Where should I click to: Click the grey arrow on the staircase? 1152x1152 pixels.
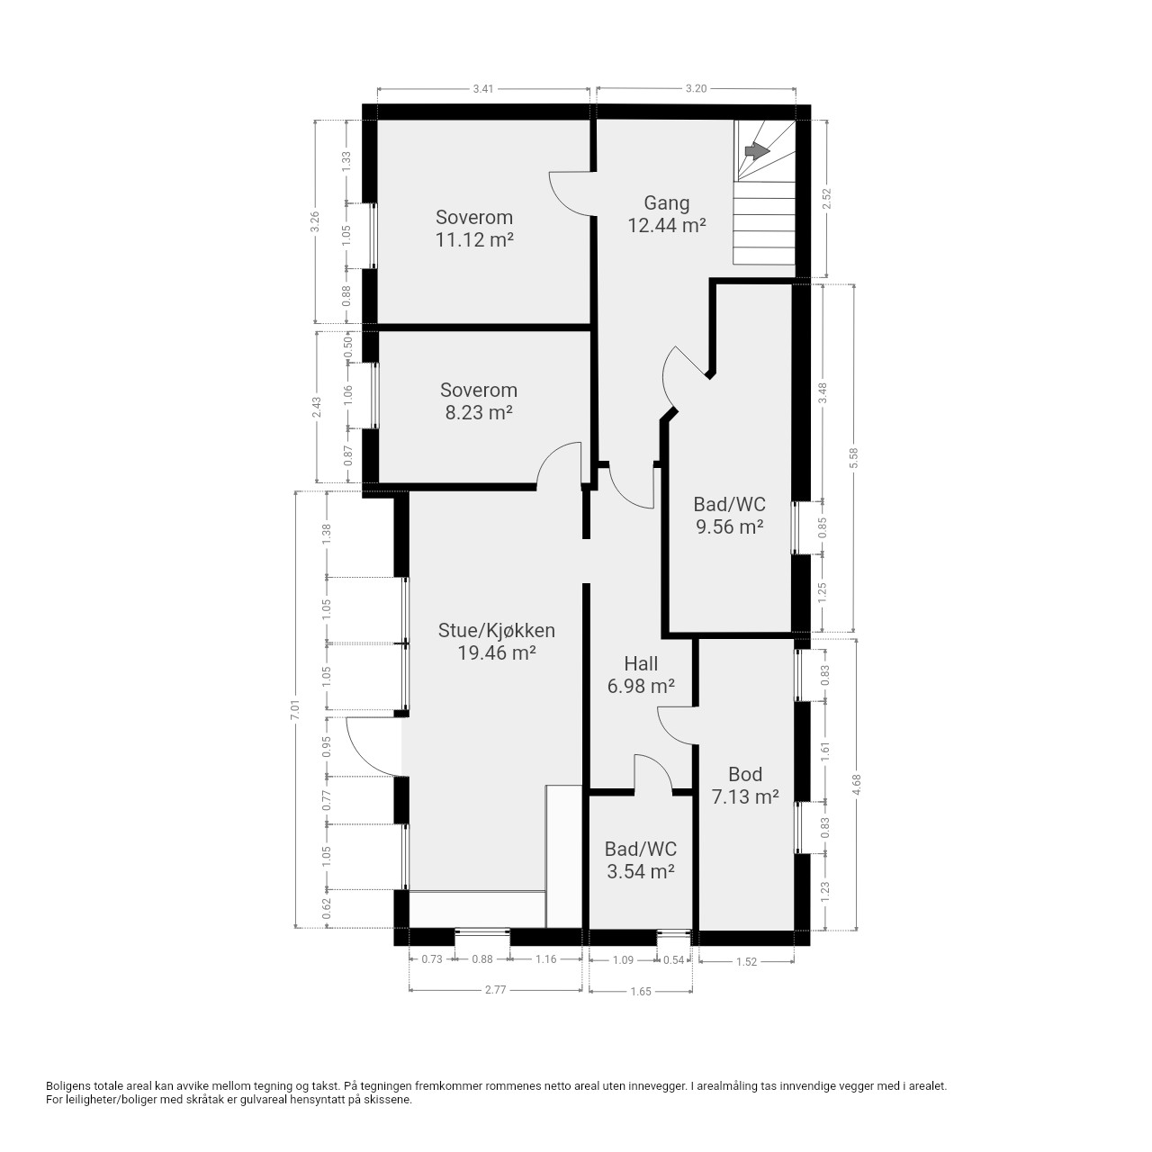point(758,152)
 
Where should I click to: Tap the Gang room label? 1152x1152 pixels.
point(667,203)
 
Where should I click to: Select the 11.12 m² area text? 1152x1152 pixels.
point(474,240)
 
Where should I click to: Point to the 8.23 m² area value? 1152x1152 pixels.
point(479,413)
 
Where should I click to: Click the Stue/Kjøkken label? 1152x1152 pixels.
point(497,631)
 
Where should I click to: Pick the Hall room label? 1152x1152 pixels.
point(641,663)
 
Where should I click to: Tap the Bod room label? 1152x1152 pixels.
point(745,775)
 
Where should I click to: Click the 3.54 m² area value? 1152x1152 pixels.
point(641,871)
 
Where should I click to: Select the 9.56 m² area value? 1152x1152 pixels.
point(729,526)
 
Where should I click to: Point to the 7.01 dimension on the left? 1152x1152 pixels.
point(294,709)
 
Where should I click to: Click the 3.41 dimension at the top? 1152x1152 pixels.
point(483,89)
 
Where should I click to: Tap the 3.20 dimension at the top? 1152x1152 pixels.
point(696,88)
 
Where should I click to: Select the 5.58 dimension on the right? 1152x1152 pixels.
point(854,458)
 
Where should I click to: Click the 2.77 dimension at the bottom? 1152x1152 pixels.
point(496,990)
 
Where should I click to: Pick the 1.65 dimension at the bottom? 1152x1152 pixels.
point(641,992)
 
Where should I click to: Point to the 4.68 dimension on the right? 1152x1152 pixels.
point(857,784)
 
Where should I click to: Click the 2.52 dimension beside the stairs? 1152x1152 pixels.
point(827,199)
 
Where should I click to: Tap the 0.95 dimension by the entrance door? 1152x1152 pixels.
point(327,746)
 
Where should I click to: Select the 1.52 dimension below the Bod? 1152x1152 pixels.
point(747,962)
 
